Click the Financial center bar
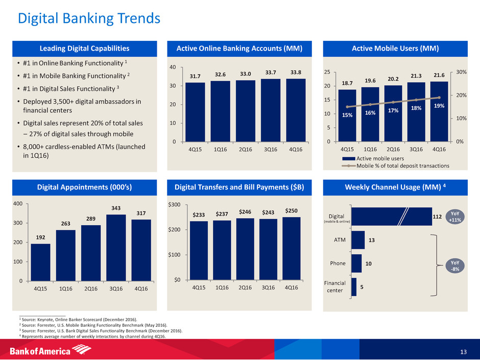pos(354,286)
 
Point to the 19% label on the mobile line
pos(439,106)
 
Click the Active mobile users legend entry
pos(372,158)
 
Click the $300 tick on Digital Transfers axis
pos(178,205)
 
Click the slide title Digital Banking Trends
pos(88,19)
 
